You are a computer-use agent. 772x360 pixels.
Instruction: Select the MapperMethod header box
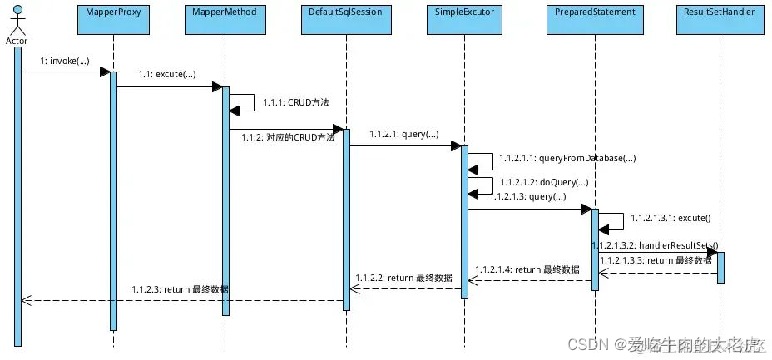225,17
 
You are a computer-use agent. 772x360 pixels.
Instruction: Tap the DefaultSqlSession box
344,17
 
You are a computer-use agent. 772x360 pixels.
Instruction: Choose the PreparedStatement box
595,17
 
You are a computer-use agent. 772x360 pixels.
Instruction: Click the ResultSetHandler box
720,17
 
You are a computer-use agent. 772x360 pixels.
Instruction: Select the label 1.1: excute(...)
166,75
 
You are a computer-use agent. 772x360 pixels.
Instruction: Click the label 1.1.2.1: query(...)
403,133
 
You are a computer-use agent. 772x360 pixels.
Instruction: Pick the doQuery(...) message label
544,182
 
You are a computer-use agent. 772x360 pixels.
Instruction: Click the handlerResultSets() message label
656,245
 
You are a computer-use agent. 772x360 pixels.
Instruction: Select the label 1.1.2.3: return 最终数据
180,289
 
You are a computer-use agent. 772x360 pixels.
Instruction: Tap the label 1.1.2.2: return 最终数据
403,278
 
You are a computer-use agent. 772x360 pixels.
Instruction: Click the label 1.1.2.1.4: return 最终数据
527,269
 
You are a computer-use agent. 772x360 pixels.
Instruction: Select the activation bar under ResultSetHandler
720,267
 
